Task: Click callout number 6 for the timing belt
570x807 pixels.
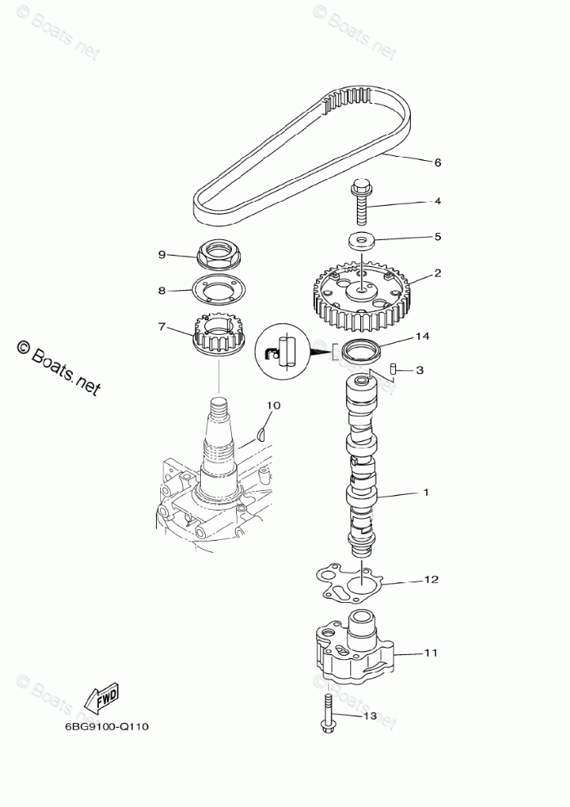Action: (x=437, y=163)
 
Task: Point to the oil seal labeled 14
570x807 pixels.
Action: (x=361, y=352)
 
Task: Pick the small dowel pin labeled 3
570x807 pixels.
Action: (x=393, y=368)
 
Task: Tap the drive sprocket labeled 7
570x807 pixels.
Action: (x=218, y=336)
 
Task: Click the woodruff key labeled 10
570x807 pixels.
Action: (x=261, y=433)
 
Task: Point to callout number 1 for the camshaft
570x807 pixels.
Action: (x=425, y=493)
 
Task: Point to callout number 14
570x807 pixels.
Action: (x=421, y=336)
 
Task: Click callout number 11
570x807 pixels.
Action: (x=431, y=653)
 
